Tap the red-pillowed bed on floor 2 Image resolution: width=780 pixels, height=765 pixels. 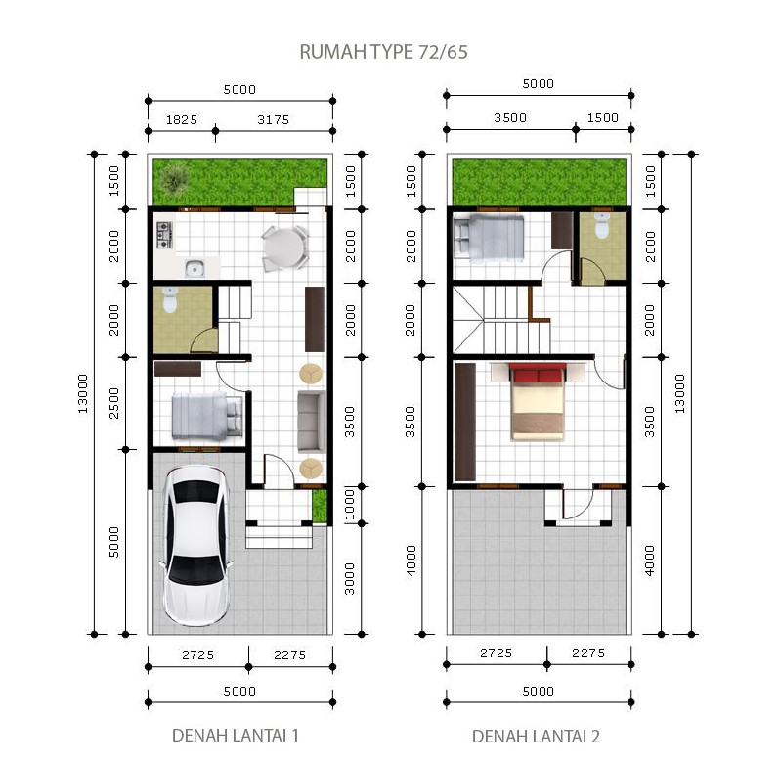pyautogui.click(x=538, y=402)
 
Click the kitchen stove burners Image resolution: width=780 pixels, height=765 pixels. pyautogui.click(x=164, y=236)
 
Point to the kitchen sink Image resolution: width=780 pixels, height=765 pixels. pyautogui.click(x=195, y=268)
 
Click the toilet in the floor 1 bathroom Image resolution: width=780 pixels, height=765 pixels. pyautogui.click(x=170, y=299)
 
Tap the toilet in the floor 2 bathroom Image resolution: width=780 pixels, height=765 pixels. pyautogui.click(x=601, y=225)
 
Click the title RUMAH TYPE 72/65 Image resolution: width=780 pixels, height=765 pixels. pyautogui.click(x=383, y=52)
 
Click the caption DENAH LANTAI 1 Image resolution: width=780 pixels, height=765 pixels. pyautogui.click(x=235, y=735)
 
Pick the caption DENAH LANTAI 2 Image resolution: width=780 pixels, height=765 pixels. pyautogui.click(x=536, y=736)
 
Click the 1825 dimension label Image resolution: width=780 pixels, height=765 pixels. pyautogui.click(x=182, y=120)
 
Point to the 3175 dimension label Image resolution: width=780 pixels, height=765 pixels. pyautogui.click(x=273, y=120)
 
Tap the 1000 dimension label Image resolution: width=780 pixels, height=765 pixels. pyautogui.click(x=350, y=504)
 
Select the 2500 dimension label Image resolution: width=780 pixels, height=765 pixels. pyautogui.click(x=114, y=403)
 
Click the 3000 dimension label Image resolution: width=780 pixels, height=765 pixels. pyautogui.click(x=350, y=579)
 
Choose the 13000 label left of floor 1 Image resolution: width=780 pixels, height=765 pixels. pyautogui.click(x=82, y=393)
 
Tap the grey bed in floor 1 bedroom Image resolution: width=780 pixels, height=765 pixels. pyautogui.click(x=207, y=416)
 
